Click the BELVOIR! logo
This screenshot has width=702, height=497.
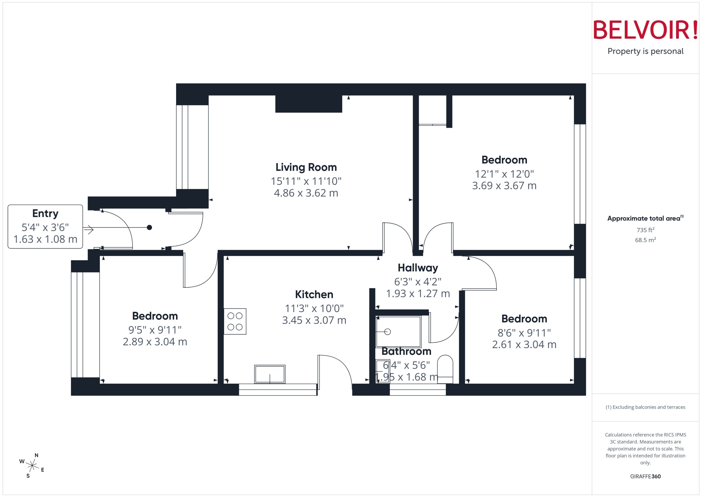[x=645, y=30]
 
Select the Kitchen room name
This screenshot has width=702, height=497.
[x=314, y=294]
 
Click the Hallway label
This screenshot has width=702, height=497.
[x=418, y=268]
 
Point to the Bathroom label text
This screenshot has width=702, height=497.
[x=406, y=351]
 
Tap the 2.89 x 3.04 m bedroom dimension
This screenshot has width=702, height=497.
[x=155, y=341]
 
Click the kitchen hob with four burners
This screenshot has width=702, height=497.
[x=235, y=321]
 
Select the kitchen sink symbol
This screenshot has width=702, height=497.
[x=270, y=374]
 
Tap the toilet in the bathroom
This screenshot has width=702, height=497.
[x=445, y=369]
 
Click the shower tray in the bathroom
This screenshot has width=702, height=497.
[x=398, y=332]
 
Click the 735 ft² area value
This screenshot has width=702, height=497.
[x=645, y=230]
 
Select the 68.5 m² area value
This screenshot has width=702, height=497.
[x=645, y=240]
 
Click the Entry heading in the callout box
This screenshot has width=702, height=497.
[x=45, y=213]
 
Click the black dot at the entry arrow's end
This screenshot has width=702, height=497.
[x=149, y=227]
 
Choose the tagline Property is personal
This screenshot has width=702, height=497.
[x=645, y=51]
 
